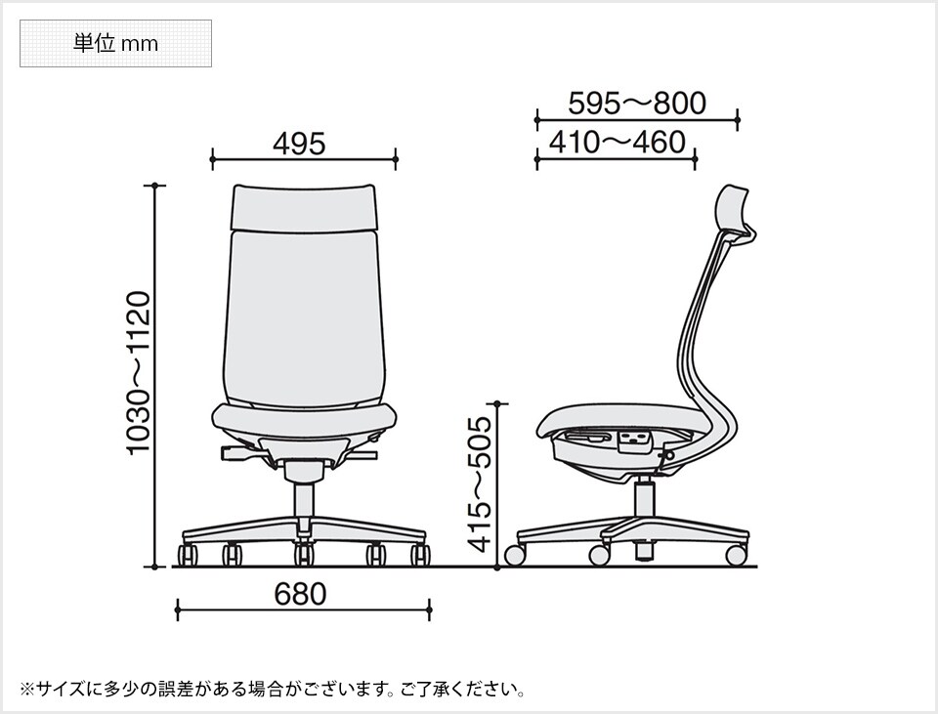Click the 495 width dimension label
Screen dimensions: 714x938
click(298, 145)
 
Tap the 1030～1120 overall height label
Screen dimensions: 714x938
click(139, 372)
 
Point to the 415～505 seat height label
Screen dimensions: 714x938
click(481, 483)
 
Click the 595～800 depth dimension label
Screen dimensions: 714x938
click(637, 103)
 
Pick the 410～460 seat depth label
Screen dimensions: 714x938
click(617, 143)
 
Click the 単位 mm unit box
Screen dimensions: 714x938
click(115, 44)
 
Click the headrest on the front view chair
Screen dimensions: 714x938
click(303, 205)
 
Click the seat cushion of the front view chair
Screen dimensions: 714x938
click(304, 421)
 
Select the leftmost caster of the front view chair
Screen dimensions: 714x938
click(186, 556)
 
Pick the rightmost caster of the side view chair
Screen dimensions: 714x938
click(736, 555)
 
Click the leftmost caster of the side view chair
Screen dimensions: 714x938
click(514, 556)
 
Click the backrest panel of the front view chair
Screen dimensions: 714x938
click(303, 313)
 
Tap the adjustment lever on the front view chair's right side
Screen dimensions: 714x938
click(363, 455)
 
